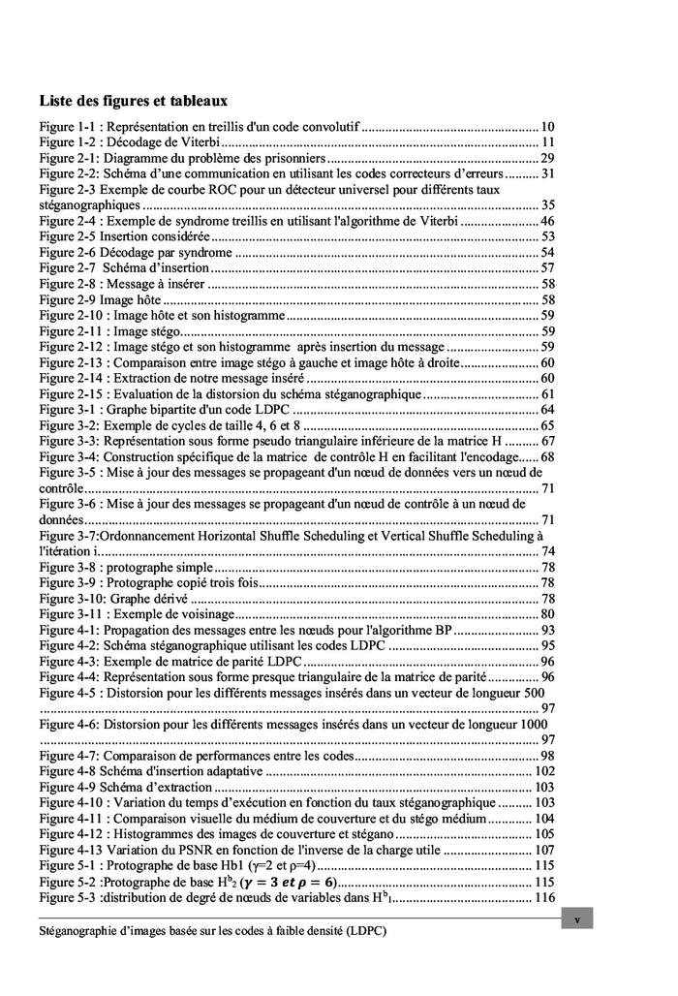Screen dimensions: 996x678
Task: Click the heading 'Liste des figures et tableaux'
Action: [x=134, y=101]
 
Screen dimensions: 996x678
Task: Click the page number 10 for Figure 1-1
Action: [x=547, y=127]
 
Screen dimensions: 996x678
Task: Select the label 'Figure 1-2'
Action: [x=67, y=142]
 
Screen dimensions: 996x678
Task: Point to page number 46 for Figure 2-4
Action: [x=547, y=221]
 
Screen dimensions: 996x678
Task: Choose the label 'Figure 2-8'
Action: [x=67, y=284]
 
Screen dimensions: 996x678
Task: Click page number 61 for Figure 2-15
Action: [x=547, y=393]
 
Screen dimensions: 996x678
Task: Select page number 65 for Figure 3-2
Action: [x=547, y=425]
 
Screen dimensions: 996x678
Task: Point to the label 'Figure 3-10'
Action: [x=70, y=598]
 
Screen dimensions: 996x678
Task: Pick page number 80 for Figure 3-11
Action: [x=547, y=613]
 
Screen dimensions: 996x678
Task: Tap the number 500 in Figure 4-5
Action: [x=533, y=693]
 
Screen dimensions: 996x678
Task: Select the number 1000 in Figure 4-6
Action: [x=532, y=724]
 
